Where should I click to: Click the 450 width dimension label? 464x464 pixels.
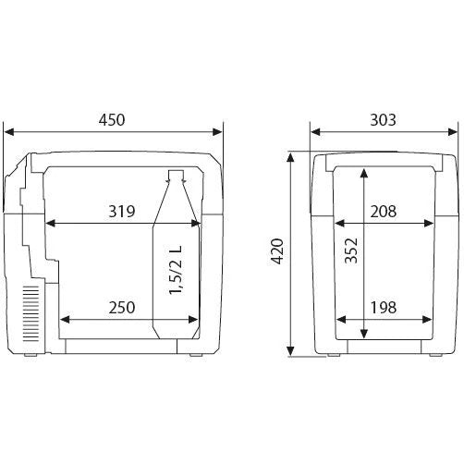coord(112,120)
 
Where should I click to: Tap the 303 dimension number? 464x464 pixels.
coord(383,120)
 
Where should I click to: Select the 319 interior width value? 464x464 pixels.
coord(122,212)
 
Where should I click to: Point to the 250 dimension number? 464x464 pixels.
coord(122,308)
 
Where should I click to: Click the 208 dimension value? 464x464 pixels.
coord(383,212)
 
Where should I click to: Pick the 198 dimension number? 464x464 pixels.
coord(383,308)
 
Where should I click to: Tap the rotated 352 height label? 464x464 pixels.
coord(351,250)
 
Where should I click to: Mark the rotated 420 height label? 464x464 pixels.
coord(277,251)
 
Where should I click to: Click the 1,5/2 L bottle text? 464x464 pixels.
coord(177,270)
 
